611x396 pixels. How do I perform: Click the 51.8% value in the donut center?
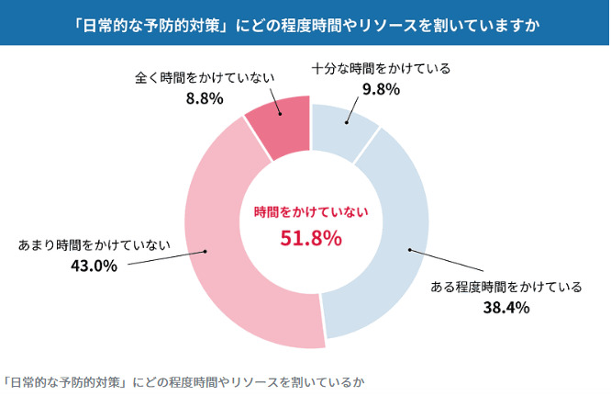coord(310,239)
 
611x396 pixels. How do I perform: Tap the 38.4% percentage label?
coord(506,307)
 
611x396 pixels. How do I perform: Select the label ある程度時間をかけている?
coord(506,287)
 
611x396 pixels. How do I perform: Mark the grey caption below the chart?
coord(188,379)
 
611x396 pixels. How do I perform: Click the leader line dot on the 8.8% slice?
coord(280,115)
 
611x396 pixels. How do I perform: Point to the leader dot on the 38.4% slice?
coord(408,249)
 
